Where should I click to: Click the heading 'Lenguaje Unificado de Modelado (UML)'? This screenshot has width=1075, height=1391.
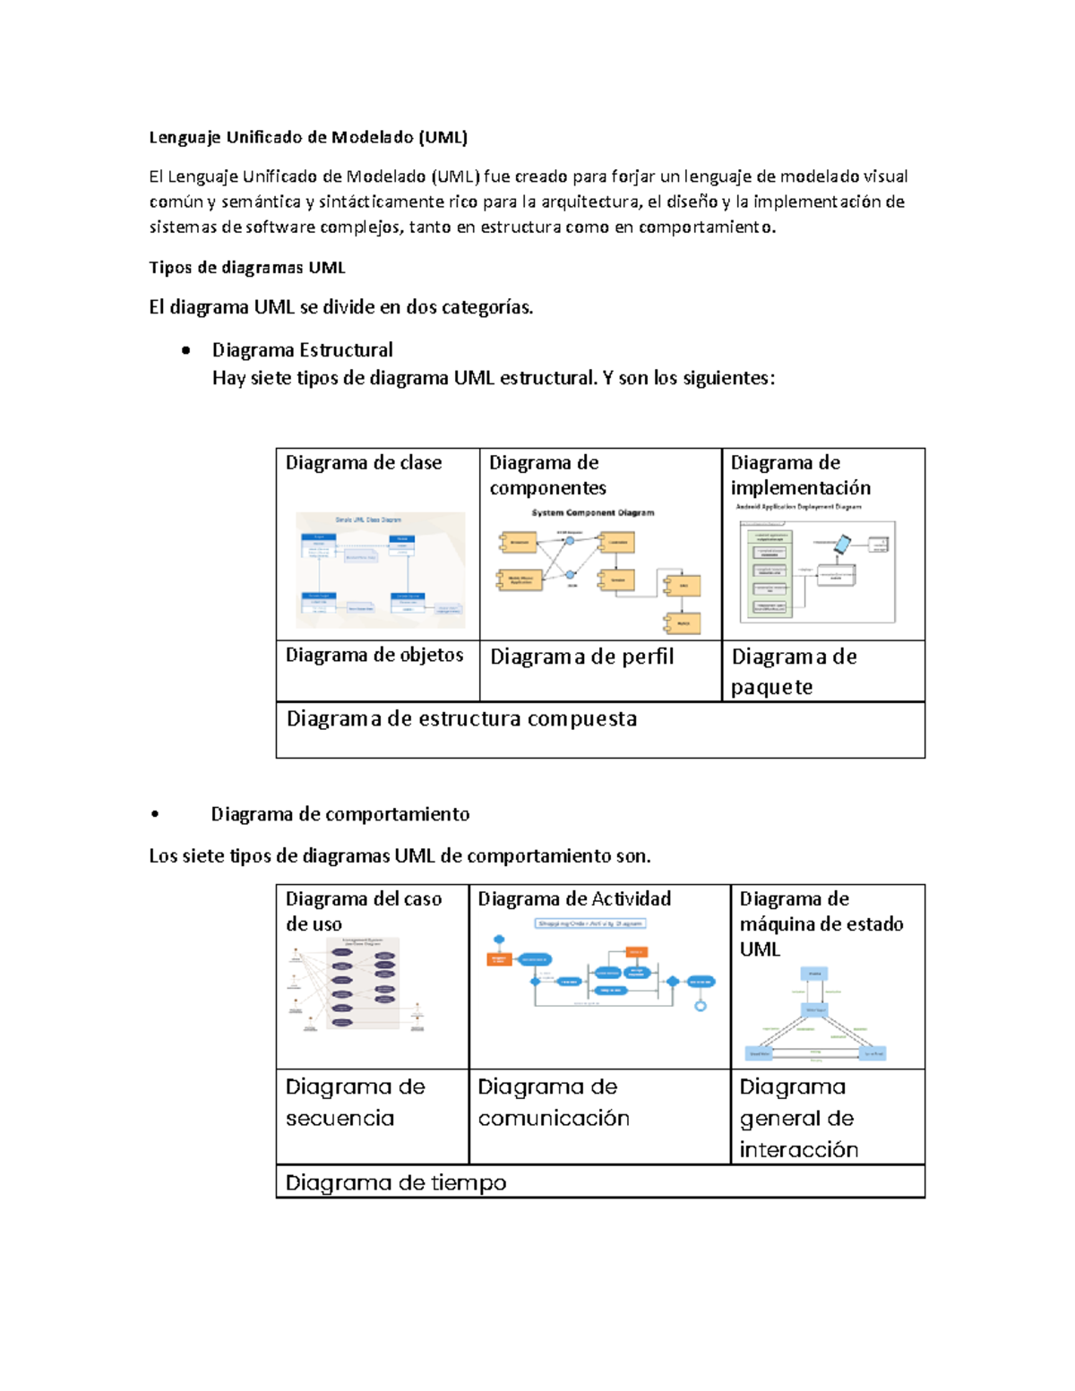308,137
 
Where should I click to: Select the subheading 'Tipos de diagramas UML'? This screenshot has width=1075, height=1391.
246,267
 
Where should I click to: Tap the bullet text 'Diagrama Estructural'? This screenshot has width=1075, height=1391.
302,349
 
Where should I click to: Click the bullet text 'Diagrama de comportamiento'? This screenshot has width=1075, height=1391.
340,813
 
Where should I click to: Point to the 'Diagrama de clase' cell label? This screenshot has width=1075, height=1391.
363,462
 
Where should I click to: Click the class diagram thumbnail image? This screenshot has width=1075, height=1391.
381,570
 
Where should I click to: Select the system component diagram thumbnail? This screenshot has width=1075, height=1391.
598,571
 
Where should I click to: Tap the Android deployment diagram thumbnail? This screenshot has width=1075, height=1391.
816,567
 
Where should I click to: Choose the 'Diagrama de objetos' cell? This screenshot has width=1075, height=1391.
374,655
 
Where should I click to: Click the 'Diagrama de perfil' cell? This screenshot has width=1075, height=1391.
581,657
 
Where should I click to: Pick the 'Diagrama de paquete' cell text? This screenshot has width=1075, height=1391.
794,671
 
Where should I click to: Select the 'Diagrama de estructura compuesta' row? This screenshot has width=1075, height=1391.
461,718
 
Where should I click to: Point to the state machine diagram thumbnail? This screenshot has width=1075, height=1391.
815,1015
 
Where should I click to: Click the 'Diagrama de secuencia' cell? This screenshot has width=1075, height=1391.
355,1102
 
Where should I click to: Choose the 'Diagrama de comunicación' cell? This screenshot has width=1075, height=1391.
553,1102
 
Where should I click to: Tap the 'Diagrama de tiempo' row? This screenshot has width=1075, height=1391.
396,1182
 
